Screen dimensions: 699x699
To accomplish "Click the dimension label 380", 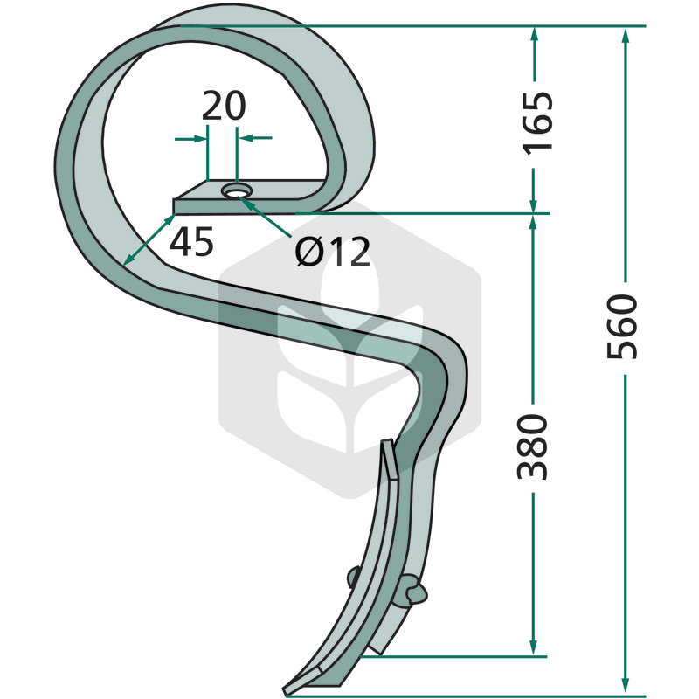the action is click(532, 447).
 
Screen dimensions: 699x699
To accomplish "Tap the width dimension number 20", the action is click(224, 106).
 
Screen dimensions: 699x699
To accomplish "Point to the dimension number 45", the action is click(191, 242).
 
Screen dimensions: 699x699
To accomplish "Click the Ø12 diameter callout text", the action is click(333, 251).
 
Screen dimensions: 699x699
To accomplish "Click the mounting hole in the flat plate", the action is click(237, 191).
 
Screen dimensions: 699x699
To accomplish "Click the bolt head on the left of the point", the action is click(354, 577).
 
